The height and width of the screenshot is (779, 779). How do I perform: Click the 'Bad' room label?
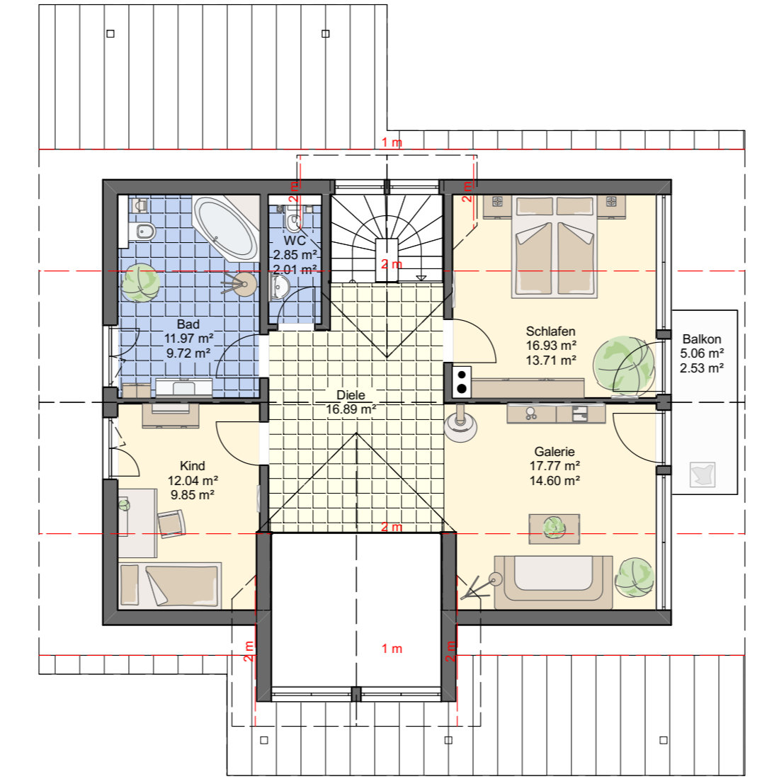coord(188,324)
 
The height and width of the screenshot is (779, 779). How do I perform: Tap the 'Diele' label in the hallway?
coord(351,395)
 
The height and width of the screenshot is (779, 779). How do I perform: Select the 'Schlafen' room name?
coord(550,331)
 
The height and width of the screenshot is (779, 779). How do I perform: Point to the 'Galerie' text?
coord(555,451)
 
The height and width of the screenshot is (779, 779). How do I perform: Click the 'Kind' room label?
coord(192,465)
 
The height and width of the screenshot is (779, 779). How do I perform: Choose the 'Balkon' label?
coord(702,339)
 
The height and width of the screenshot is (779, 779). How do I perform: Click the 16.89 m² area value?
coord(351,409)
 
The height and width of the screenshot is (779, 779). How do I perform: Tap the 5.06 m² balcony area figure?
coord(702,353)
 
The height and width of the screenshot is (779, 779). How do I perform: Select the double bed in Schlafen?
coord(555,247)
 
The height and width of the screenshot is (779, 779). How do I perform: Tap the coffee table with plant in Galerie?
coord(554,528)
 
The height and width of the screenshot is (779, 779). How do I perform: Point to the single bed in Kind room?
coord(169,585)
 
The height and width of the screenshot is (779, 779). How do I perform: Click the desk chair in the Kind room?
coord(171,523)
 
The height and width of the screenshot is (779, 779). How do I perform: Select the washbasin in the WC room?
coord(279,288)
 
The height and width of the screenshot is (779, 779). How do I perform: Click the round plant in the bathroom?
coord(141,283)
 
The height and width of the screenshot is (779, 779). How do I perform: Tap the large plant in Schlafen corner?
coord(623,366)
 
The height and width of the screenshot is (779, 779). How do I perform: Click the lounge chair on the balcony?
coord(703,474)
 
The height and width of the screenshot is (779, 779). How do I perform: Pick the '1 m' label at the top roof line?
coord(392,142)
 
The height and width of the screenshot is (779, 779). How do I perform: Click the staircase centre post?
coord(387,261)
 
